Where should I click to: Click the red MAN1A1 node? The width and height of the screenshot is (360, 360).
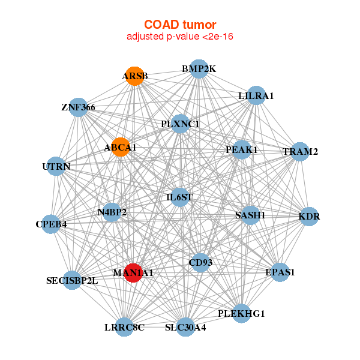tap(133, 272)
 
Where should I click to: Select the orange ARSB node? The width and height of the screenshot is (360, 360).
tap(135, 76)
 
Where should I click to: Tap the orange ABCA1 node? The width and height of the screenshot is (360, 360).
tap(121, 147)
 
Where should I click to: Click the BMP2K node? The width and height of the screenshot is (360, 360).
tap(199, 69)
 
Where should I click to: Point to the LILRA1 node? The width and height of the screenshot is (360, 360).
tap(256, 95)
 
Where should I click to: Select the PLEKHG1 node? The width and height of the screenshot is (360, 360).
tap(241, 313)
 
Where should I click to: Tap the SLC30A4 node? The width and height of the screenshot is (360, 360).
tap(185, 327)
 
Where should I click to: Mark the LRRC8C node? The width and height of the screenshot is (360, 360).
tap(124, 327)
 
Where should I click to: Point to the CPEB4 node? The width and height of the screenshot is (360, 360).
tap(51, 224)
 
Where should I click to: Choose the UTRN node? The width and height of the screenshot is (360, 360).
tap(56, 166)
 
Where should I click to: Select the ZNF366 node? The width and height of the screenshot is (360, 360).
tap(78, 107)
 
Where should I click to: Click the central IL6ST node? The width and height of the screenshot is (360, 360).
tap(179, 196)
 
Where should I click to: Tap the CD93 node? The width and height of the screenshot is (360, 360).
tap(200, 262)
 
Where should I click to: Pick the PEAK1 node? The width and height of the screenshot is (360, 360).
tap(242, 149)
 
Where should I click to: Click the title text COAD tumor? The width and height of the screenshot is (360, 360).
tap(180, 25)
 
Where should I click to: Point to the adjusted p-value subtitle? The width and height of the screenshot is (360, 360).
tap(180, 37)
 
